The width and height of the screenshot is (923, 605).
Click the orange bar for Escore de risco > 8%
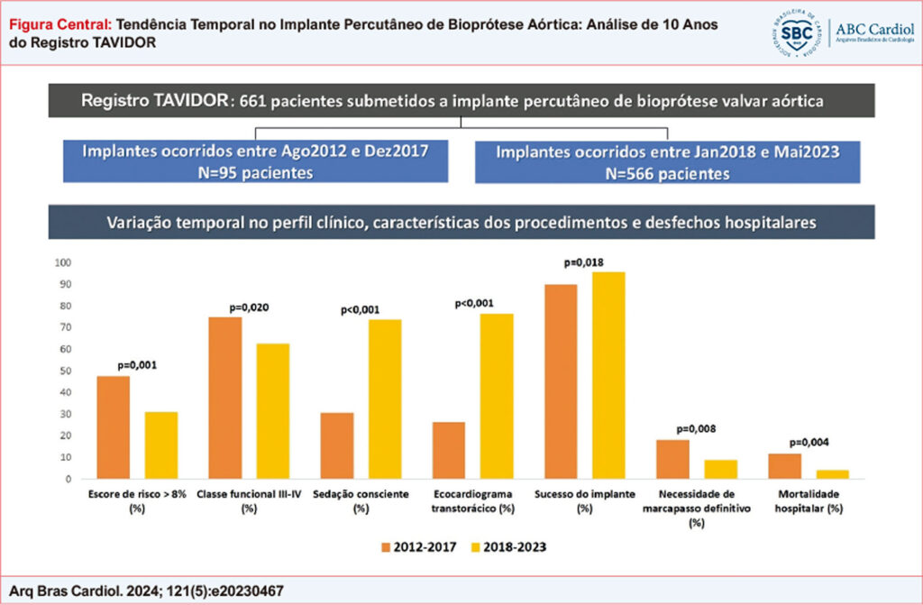point(114,427)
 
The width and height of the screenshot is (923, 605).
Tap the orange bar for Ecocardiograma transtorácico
point(449,450)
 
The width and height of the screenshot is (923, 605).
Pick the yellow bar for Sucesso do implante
point(608,375)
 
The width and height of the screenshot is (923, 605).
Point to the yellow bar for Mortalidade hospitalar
point(832,474)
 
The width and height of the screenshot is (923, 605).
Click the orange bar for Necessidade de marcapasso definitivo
point(672,459)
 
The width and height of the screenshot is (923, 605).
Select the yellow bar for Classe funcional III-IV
point(273,411)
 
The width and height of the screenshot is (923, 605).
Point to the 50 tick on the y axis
point(66,371)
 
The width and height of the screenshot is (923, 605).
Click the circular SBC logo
point(795,33)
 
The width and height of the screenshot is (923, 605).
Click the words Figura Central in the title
point(59,25)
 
